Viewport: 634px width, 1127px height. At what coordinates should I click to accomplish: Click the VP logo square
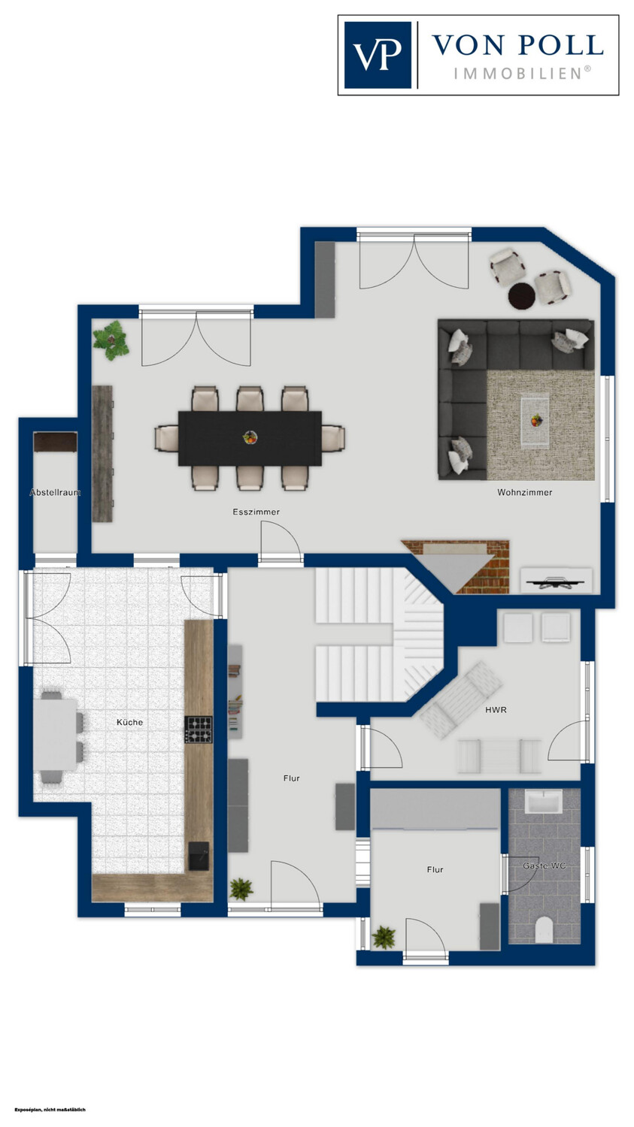pos(378,55)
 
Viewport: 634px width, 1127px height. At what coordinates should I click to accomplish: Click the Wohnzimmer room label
pos(525,493)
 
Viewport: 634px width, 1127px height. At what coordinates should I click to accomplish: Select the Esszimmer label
pos(256,512)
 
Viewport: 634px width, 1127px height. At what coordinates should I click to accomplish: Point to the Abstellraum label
pos(55,493)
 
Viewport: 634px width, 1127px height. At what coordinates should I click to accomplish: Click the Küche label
pos(130,722)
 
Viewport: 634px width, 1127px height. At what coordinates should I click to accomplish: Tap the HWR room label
pos(496,710)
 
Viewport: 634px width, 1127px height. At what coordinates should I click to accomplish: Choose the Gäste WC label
pos(544,866)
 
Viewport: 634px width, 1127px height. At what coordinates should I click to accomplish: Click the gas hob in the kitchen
pos(199,730)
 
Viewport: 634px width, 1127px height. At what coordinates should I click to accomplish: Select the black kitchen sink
pos(199,856)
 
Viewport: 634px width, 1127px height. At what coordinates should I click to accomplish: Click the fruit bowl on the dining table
pos(249,438)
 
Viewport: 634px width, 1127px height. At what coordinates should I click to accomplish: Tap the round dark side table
pos(521,295)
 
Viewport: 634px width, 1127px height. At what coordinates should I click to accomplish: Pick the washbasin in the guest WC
pos(543,802)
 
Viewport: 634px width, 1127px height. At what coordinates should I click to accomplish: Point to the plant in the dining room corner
pos(111,340)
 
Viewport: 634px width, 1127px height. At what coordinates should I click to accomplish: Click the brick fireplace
pos(456,567)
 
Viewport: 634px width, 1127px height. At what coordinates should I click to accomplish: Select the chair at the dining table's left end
pos(166,438)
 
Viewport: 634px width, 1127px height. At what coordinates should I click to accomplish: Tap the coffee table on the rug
pos(535,421)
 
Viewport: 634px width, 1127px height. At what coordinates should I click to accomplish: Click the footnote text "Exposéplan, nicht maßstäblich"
pos(50,1110)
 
